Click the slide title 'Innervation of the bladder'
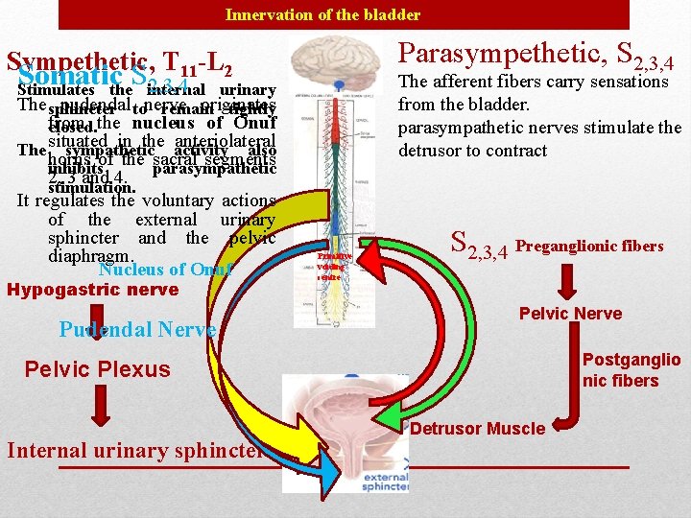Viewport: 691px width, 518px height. pos(322,14)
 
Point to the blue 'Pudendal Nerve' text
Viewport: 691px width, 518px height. pos(137,329)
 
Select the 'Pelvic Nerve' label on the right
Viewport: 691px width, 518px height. pos(570,314)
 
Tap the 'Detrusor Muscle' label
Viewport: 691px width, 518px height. pos(477,428)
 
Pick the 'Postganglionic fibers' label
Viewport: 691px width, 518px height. pos(631,369)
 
